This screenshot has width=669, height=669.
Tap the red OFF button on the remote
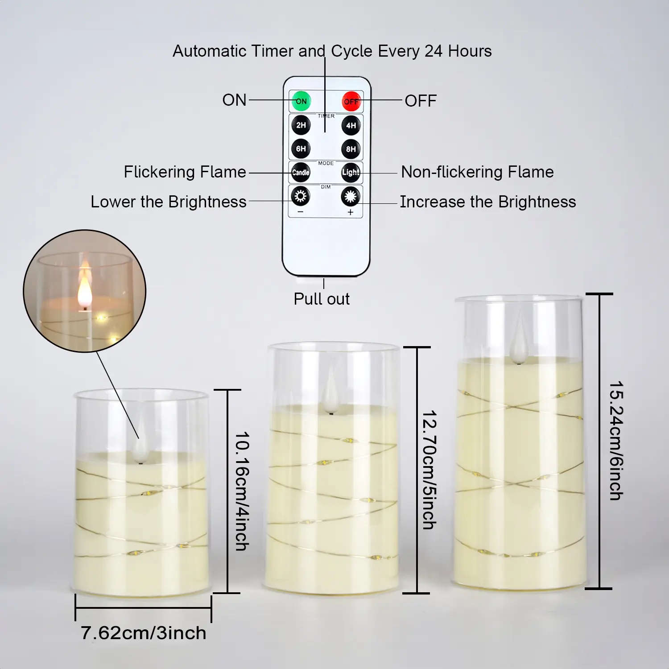click(351, 101)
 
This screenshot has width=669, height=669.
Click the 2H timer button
click(301, 125)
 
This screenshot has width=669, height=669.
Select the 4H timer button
click(351, 125)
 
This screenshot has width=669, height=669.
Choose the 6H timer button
click(301, 149)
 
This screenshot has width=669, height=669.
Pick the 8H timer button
click(351, 149)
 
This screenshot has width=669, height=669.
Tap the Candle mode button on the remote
click(301, 172)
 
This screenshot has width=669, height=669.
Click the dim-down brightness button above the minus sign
click(300, 196)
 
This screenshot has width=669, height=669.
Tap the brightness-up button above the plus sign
click(351, 196)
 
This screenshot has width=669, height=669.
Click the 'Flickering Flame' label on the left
click(185, 172)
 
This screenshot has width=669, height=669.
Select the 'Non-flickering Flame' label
click(477, 172)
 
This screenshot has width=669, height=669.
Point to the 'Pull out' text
click(322, 299)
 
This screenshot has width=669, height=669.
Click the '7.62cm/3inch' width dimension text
click(144, 633)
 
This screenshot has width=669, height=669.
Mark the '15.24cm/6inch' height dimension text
click(616, 441)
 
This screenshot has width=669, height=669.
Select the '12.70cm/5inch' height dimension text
click(429, 470)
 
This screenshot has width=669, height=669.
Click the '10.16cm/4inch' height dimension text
click(242, 491)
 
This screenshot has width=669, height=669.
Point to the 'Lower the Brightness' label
click(169, 202)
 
